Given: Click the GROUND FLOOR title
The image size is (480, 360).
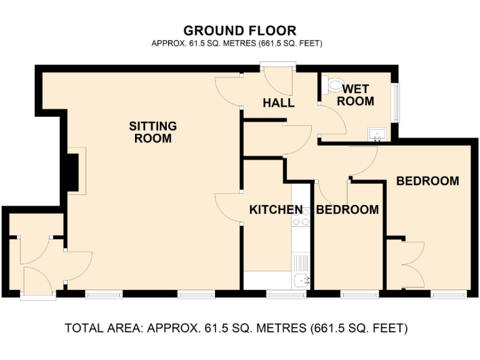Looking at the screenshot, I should point(239,31).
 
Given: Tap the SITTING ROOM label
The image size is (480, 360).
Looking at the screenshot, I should point(153,132).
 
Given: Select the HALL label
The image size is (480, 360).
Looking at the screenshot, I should point(278,103).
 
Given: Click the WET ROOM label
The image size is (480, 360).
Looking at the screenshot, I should point(358,95).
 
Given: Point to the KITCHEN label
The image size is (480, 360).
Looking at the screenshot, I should point(276,210).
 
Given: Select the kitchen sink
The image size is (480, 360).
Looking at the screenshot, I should point(302,280).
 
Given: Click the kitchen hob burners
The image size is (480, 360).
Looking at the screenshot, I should point(302,216).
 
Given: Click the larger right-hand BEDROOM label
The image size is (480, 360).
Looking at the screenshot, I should point(427,181).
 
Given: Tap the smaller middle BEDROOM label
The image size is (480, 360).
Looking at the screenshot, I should point(347,210).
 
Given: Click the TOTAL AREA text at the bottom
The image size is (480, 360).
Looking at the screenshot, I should point(236,328).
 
